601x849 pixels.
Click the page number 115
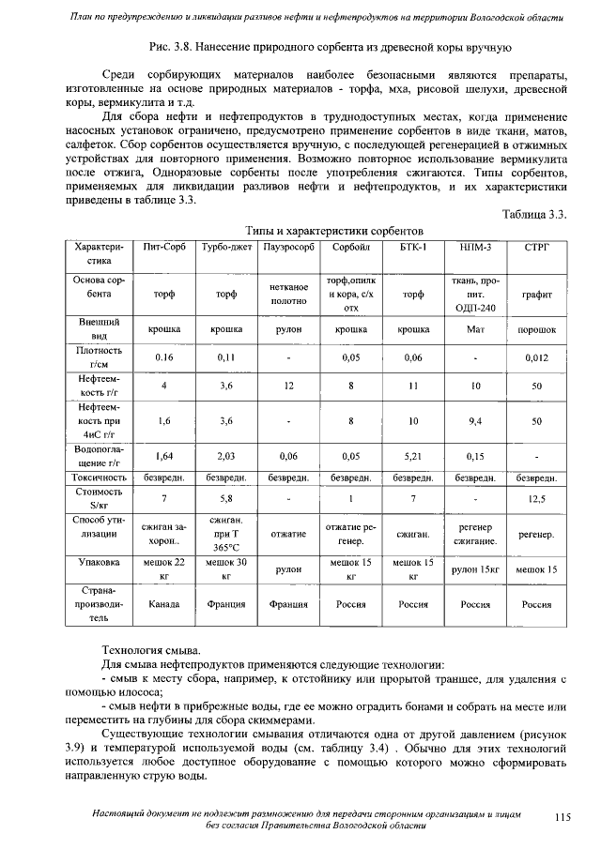click(x=562, y=818)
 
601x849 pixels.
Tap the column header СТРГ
click(x=537, y=247)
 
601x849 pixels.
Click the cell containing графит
click(x=537, y=294)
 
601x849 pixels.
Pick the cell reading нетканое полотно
click(x=289, y=294)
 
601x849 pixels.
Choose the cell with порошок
click(x=537, y=330)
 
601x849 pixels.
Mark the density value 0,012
click(x=537, y=357)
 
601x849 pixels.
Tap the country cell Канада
click(x=164, y=605)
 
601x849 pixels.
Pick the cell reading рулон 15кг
click(x=475, y=569)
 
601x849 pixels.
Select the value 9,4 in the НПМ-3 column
click(x=475, y=421)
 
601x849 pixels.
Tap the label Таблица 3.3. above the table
click(x=535, y=215)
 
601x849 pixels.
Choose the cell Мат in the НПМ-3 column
click(x=475, y=330)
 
